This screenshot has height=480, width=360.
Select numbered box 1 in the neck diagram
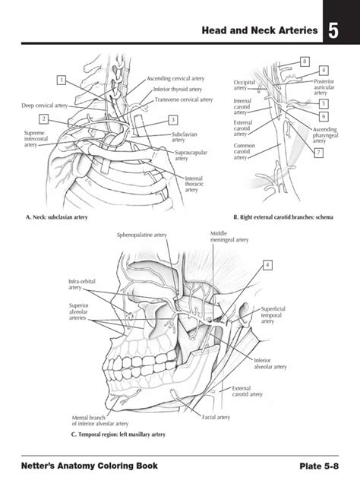60,80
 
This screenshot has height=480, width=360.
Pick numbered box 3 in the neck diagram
173,119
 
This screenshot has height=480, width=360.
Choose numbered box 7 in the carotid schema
318,153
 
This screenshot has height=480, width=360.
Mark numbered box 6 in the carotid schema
323,116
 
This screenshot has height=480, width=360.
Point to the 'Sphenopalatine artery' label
142,235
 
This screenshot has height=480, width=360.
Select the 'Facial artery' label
216,417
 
